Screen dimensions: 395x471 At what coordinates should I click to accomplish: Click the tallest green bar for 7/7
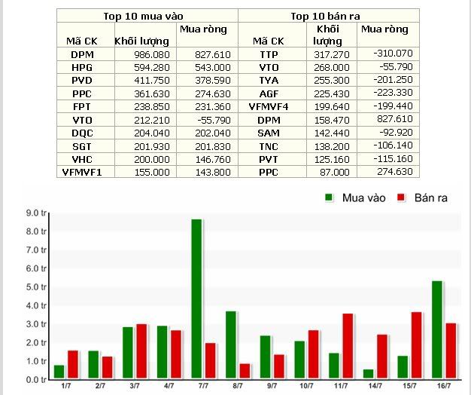click(x=196, y=299)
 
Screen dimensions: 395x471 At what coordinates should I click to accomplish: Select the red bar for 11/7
click(x=347, y=346)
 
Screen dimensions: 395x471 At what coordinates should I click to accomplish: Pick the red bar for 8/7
click(x=245, y=371)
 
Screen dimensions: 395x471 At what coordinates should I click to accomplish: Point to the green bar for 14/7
click(x=368, y=374)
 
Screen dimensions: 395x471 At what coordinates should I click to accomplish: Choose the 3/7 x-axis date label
click(x=135, y=386)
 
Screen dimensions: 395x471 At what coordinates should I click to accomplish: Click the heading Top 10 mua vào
click(x=147, y=15)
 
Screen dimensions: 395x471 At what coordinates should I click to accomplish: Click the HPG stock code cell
click(x=83, y=67)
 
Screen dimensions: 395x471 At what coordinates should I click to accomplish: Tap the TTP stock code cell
click(x=269, y=55)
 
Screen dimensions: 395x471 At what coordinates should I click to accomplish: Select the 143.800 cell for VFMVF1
click(x=205, y=172)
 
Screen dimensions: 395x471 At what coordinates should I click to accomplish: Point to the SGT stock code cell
click(x=83, y=145)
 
